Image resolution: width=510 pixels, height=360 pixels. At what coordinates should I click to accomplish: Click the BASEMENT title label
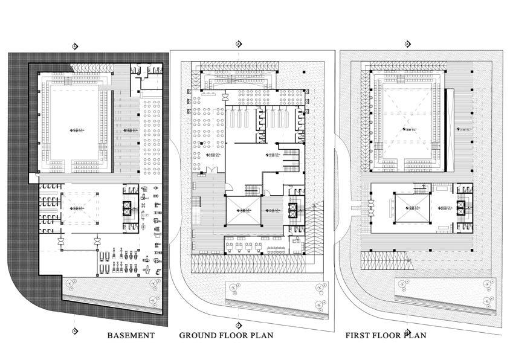(x=131, y=335)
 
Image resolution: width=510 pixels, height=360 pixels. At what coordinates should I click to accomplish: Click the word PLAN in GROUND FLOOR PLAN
(x=260, y=335)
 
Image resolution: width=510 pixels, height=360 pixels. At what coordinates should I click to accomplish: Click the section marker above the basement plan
(x=74, y=46)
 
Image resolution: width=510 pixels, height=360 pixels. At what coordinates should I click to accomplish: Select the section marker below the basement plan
(x=74, y=330)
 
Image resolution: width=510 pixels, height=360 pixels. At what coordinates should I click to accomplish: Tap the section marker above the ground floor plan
(x=238, y=43)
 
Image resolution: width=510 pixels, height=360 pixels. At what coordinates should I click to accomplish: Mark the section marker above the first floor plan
(x=407, y=43)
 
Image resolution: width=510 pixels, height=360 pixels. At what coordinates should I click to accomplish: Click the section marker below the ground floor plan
(x=238, y=311)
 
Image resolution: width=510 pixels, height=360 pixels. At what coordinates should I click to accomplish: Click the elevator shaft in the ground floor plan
(x=293, y=211)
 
